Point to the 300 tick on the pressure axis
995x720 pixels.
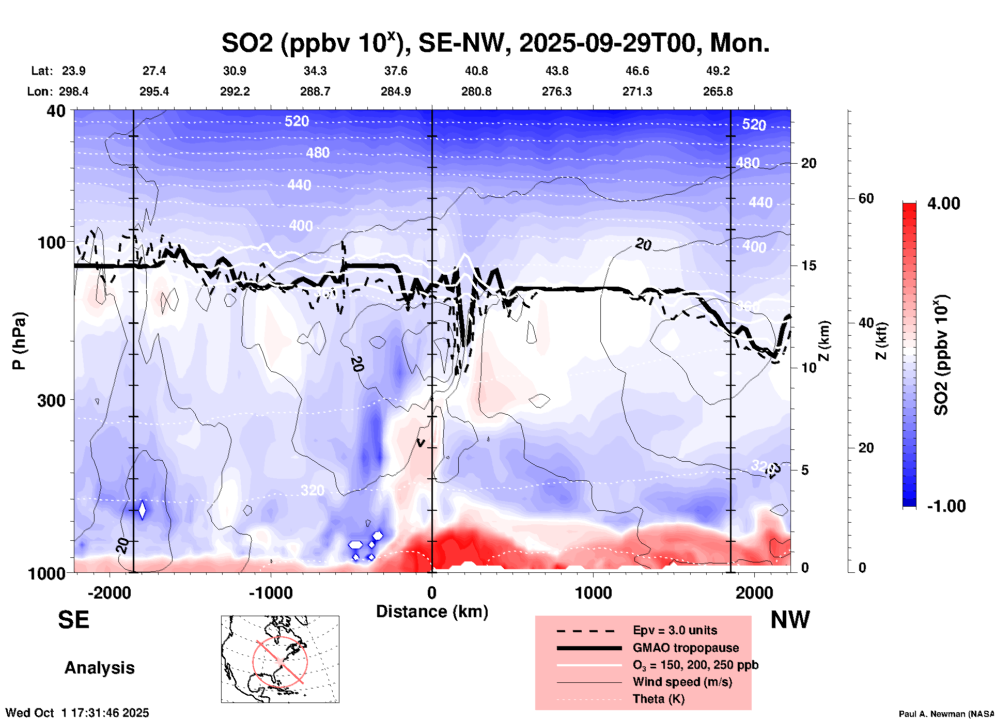[52, 400]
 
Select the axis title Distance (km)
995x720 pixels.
[432, 612]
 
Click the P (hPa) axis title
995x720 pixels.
[19, 341]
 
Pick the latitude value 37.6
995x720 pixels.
[395, 71]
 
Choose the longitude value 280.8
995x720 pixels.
[476, 91]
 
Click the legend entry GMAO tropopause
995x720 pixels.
[686, 648]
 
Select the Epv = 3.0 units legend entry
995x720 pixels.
[675, 630]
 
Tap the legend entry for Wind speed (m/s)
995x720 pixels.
[682, 682]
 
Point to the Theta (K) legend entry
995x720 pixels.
[658, 699]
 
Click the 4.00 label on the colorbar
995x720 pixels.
[943, 204]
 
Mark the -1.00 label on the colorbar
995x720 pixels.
[946, 506]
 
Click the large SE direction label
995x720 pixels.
[73, 620]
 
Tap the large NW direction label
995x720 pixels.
[790, 620]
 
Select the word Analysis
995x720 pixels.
[99, 668]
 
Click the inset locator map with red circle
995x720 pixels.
[280, 659]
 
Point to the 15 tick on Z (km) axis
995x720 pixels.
[808, 265]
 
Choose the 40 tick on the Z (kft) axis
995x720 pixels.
[866, 323]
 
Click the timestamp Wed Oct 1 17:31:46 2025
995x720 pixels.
[77, 713]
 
